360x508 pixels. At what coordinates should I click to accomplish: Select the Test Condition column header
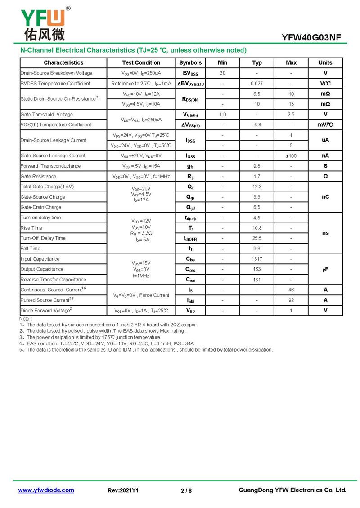141,63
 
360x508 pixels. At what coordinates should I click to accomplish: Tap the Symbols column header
190,63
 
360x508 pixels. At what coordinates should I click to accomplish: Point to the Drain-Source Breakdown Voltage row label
56,73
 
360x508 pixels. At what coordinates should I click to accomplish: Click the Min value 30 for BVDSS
222,73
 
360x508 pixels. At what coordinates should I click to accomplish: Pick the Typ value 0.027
257,84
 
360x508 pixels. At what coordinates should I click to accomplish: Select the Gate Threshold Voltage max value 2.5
291,115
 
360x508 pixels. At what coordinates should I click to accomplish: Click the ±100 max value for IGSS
291,156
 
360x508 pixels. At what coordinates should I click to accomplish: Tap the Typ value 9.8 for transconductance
257,166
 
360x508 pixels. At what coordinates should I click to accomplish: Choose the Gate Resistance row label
39,177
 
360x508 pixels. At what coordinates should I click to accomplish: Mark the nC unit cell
325,197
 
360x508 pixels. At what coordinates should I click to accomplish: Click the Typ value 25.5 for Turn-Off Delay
257,238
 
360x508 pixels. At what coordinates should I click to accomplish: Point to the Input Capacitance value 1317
257,259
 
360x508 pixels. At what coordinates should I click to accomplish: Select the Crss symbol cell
190,280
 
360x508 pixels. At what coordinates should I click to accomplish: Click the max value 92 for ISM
291,300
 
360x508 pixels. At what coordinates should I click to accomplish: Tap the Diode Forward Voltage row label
46,311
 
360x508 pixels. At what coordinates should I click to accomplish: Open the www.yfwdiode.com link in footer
46,490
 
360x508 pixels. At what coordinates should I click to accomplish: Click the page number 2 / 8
186,490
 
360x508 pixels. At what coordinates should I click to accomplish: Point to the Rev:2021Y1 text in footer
123,490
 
